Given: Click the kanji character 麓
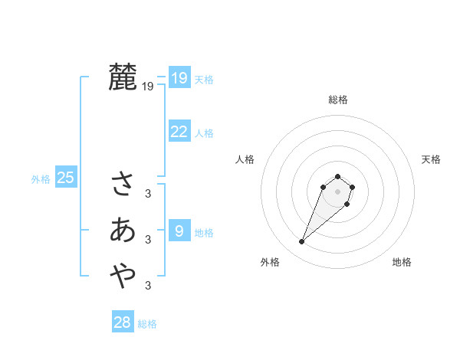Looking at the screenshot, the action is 123,77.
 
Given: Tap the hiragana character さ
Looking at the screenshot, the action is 123,183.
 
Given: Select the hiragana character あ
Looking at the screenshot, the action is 123,229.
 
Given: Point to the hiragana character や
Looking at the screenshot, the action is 123,275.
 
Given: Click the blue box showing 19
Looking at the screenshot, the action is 179,78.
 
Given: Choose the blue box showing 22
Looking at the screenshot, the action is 179,132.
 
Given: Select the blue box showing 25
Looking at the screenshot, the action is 66,178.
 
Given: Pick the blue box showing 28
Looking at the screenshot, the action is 123,322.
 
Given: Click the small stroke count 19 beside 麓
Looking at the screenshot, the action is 148,87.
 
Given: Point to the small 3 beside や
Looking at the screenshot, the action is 148,286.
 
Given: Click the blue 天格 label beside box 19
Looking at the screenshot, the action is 204,80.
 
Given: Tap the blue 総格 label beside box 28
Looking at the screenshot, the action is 147,324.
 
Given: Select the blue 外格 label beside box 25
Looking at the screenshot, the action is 41,179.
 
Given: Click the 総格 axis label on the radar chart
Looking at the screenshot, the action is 338,100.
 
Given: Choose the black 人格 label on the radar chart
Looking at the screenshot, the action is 245,159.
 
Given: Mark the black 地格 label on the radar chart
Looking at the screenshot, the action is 402,262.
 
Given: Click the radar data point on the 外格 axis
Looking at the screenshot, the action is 302,242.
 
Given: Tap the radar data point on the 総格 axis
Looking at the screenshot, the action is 337,176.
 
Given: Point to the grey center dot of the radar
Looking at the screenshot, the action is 337,191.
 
